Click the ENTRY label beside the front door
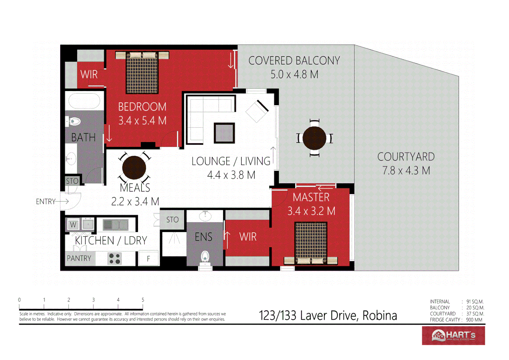pos(46,202)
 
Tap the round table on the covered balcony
pos(314,138)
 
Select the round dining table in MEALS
pos(134,168)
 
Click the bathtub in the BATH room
pos(84,101)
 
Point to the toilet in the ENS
pos(205,257)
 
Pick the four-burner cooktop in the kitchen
pos(115,259)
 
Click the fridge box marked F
pos(148,259)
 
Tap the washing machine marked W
pos(73,225)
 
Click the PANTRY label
pos(79,259)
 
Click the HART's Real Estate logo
pos(453,335)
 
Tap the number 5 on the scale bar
pos(143,300)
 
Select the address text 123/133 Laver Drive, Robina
pos(328,315)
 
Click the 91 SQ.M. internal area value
pos(475,302)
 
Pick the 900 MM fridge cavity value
pos(474,320)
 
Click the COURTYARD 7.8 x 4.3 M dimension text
pos(406,171)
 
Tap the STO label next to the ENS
pos(172,220)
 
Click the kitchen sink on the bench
pos(116,225)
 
